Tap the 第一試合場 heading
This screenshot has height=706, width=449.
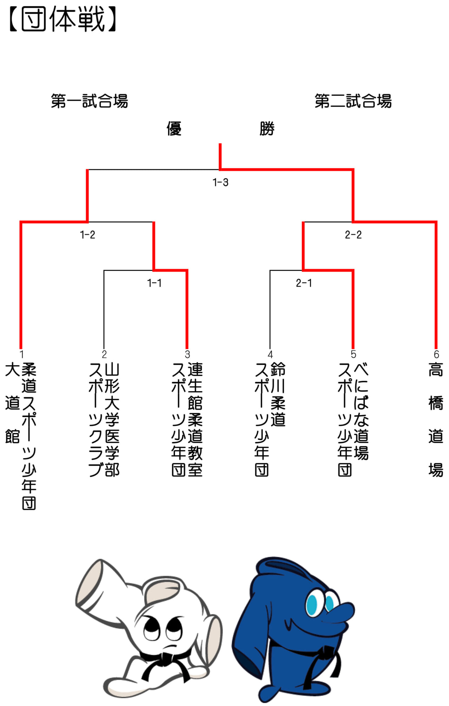click(x=89, y=101)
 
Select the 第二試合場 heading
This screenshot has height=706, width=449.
click(x=353, y=101)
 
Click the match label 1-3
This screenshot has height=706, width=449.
click(x=220, y=182)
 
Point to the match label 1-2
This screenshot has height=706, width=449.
click(x=87, y=235)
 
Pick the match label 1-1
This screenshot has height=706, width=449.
click(x=154, y=283)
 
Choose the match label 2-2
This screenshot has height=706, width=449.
click(x=353, y=235)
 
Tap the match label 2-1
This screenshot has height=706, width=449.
click(x=304, y=283)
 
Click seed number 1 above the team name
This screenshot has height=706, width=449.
click(x=21, y=354)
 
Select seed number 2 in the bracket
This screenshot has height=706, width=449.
click(x=104, y=354)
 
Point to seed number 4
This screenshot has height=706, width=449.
click(x=270, y=354)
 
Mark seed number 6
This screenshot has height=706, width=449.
click(x=436, y=354)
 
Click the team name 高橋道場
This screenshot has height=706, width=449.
click(x=436, y=420)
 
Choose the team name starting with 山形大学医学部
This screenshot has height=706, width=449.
click(x=104, y=420)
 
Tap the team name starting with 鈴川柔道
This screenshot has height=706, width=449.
click(x=270, y=420)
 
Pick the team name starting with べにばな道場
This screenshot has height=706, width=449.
click(x=353, y=420)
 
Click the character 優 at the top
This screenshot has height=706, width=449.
click(x=174, y=128)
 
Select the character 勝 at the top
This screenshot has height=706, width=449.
click(x=267, y=128)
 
